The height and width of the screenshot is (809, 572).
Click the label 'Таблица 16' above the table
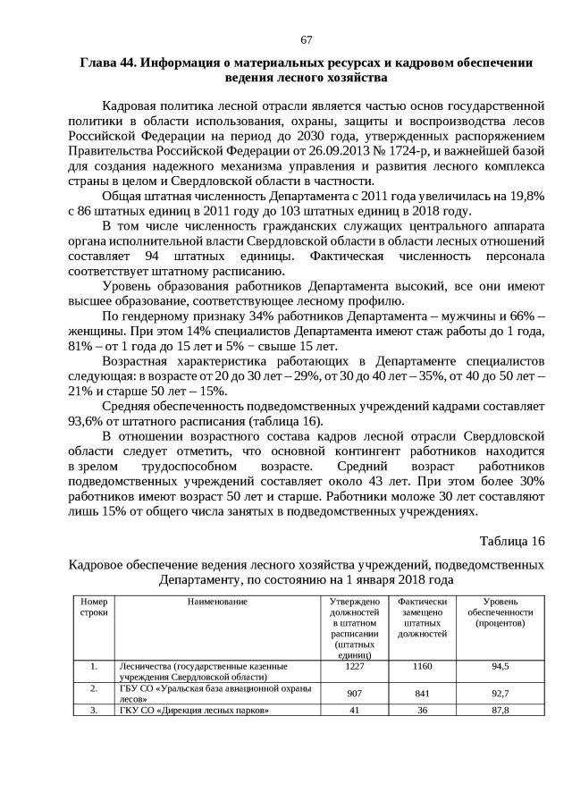[x=511, y=542]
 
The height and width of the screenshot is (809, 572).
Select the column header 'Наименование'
[x=216, y=602]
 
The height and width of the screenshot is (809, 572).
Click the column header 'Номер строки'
[x=93, y=607]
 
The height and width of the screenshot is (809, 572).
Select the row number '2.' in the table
[x=93, y=688]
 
